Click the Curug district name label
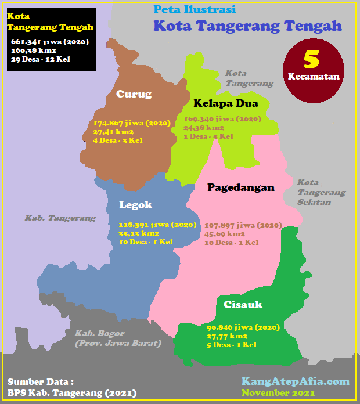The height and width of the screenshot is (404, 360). [x=134, y=94]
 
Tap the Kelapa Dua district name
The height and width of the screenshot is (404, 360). [x=226, y=104]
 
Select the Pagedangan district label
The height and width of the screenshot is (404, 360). [x=241, y=187]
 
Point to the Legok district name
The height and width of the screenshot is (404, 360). [x=135, y=204]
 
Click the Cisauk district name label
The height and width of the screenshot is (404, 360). [x=243, y=304]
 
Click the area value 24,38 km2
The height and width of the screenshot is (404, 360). [x=204, y=128]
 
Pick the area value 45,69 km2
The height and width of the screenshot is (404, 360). [x=226, y=233]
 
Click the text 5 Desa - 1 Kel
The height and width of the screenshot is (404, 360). [x=232, y=344]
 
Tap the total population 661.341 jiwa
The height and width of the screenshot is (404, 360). [x=49, y=42]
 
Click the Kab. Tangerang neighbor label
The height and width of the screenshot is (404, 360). [x=60, y=218]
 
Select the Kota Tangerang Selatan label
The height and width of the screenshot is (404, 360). [x=321, y=192]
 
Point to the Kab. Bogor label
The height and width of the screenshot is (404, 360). [x=117, y=338]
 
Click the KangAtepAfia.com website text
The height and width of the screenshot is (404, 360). [x=296, y=381]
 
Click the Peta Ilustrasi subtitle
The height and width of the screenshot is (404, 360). [x=195, y=10]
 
